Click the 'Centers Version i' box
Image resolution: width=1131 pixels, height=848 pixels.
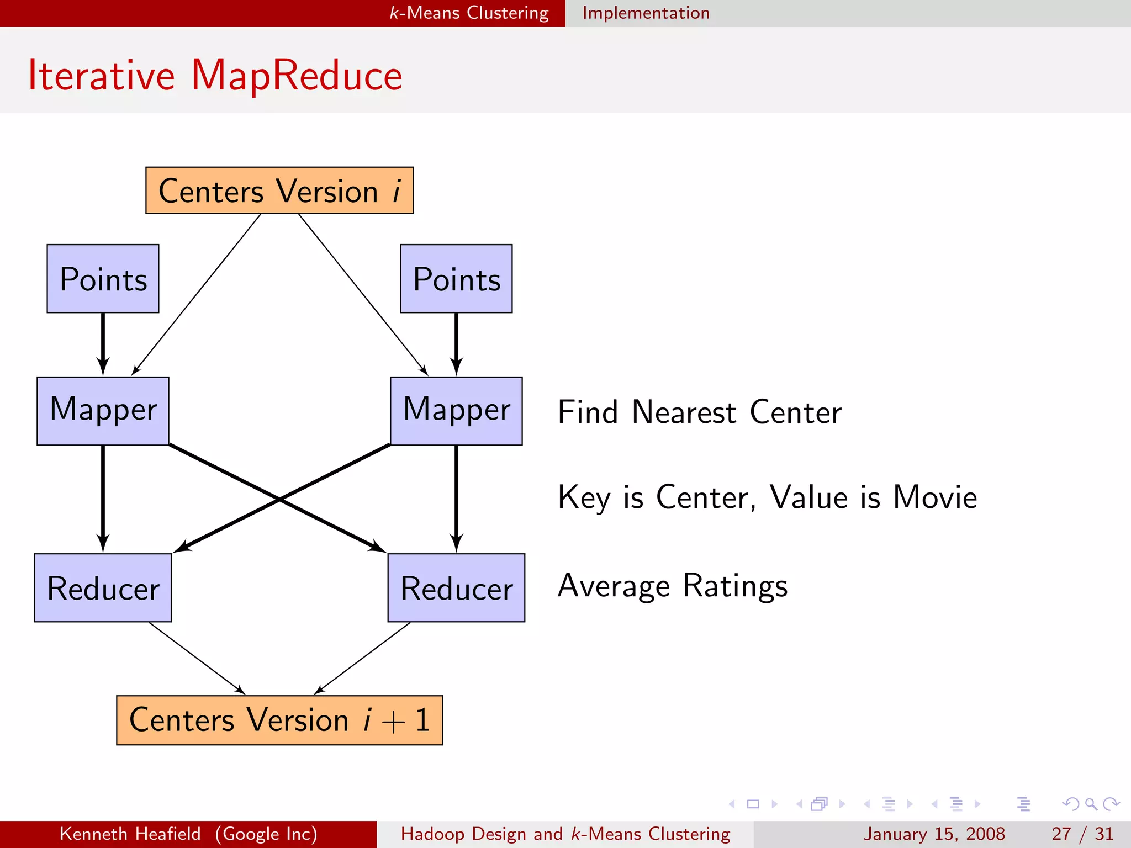279,190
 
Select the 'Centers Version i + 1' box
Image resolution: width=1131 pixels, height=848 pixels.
279,720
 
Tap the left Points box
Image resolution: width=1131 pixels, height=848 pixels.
103,279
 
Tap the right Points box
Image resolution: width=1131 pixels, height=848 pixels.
456,279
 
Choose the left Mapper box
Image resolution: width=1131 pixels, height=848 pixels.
103,411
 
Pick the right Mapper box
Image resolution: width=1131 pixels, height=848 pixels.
456,411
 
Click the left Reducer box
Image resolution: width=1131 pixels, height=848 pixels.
103,587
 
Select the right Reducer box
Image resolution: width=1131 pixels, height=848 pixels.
456,587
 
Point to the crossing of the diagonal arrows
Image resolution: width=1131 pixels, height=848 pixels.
279,499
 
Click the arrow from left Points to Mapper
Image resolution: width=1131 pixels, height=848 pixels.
103,342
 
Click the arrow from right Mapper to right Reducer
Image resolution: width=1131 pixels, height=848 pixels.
456,497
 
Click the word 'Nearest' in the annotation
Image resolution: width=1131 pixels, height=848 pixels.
684,412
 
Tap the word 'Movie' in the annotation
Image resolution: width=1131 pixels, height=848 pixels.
935,497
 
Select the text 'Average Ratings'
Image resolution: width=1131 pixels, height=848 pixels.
673,586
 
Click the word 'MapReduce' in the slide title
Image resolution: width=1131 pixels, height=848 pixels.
297,75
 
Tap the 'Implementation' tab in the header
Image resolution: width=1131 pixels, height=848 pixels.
646,13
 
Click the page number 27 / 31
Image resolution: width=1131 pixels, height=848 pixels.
1082,834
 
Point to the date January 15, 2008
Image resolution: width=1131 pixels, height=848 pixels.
934,834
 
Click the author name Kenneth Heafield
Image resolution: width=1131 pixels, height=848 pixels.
130,834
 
